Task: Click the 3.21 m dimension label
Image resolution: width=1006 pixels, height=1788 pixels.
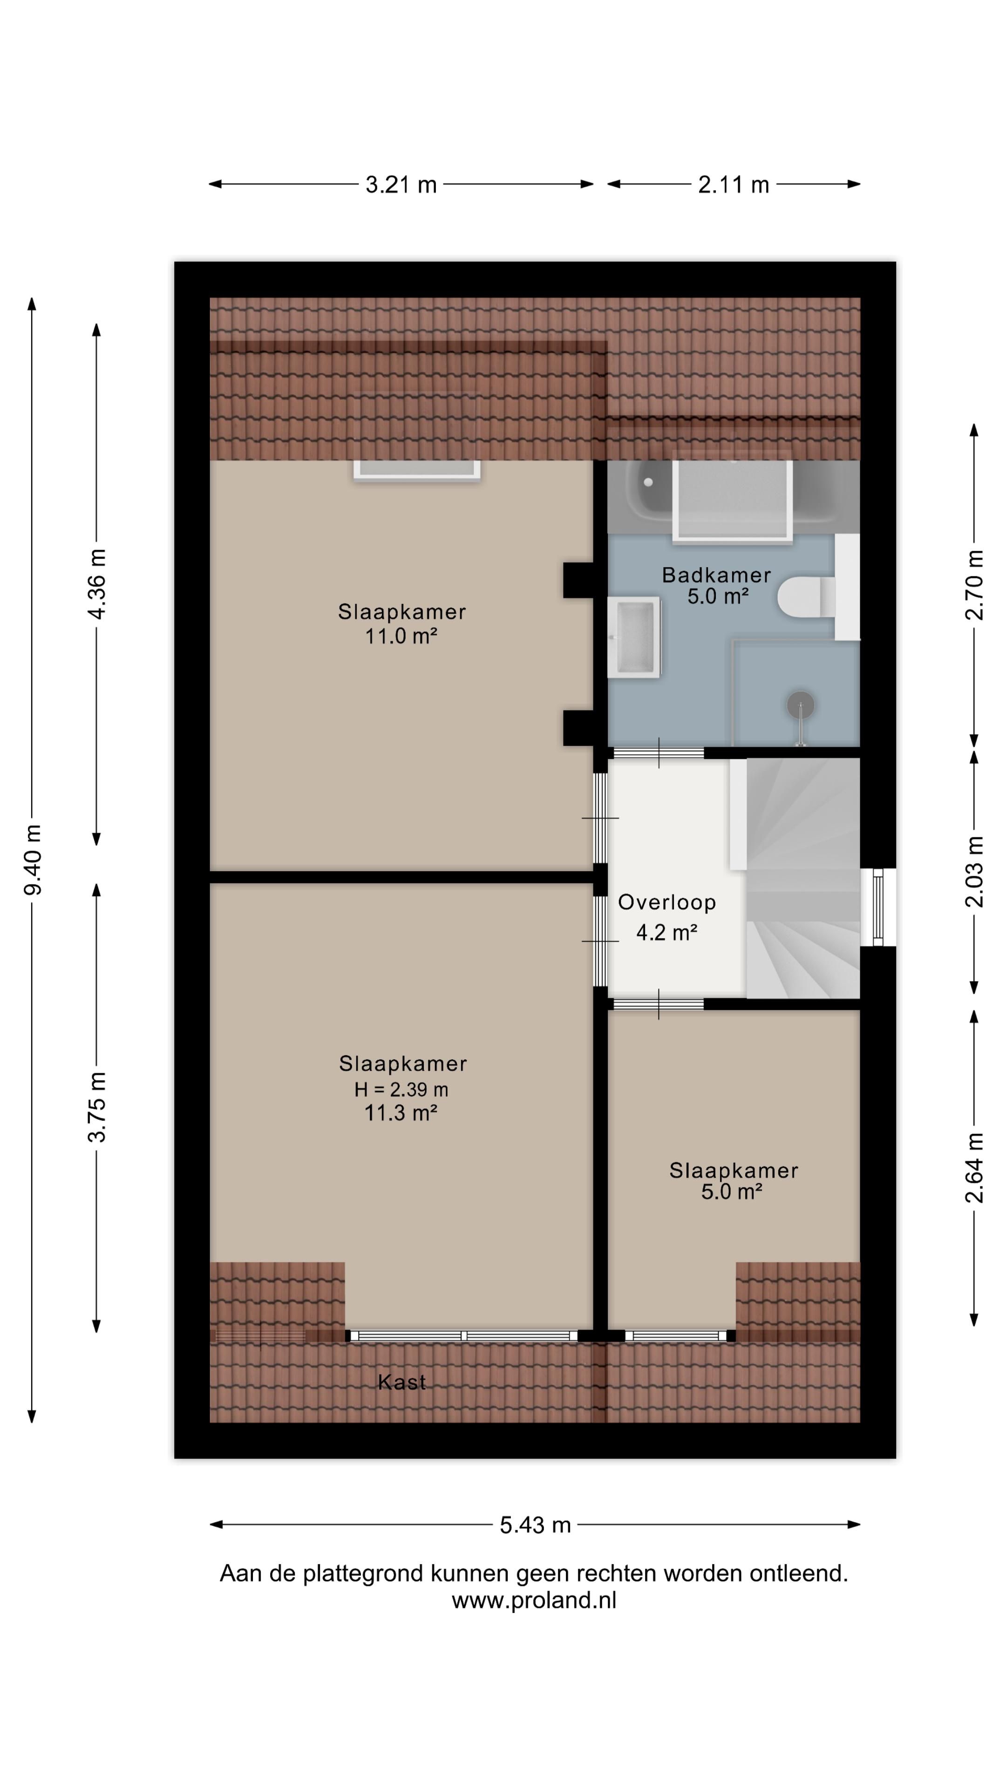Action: click(x=401, y=185)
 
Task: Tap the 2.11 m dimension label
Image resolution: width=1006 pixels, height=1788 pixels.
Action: click(x=733, y=185)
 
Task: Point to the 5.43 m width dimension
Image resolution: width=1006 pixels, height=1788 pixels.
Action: click(x=535, y=1525)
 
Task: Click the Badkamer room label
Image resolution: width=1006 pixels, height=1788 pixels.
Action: click(x=716, y=575)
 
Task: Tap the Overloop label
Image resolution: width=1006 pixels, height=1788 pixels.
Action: click(x=666, y=902)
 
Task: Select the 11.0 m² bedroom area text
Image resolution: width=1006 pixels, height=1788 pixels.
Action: click(x=401, y=636)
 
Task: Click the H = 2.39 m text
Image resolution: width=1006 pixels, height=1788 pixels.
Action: click(x=401, y=1090)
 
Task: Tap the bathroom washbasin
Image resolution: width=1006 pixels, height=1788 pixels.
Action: click(x=634, y=637)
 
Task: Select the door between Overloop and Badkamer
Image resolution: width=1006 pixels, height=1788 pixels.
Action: click(x=658, y=753)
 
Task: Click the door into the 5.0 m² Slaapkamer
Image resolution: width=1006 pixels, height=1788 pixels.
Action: click(x=658, y=1004)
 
